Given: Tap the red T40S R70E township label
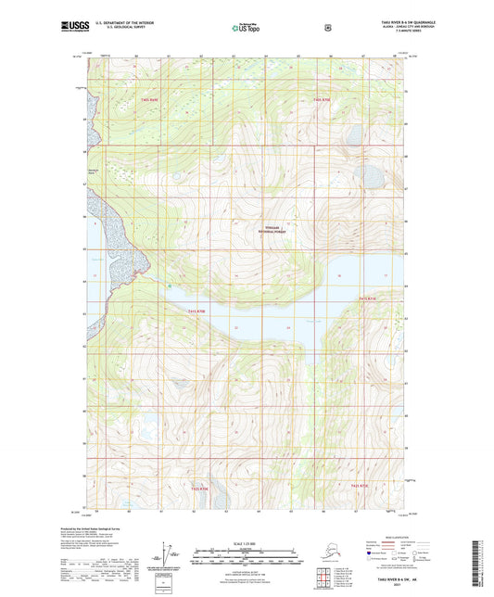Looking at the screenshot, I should pos(321,98).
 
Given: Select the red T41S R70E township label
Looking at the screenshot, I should pos(197,311).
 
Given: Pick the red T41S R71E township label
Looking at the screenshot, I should pos(368,298).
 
